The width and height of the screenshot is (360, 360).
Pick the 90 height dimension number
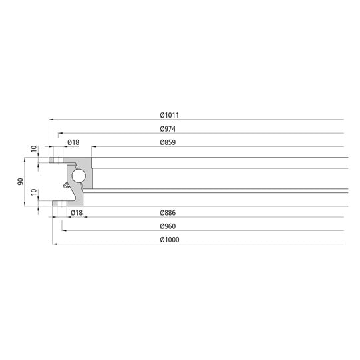[21, 181]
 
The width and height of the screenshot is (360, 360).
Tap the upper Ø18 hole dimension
[73, 142]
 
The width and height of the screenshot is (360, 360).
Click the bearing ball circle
[79, 175]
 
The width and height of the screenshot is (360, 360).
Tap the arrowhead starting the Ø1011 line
[51, 119]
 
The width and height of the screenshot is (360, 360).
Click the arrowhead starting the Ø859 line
[93, 147]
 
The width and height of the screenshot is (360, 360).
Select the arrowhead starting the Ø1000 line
[54, 244]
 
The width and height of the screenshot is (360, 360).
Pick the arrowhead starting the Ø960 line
[64, 230]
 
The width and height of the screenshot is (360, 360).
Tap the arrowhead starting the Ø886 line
[85, 216]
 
